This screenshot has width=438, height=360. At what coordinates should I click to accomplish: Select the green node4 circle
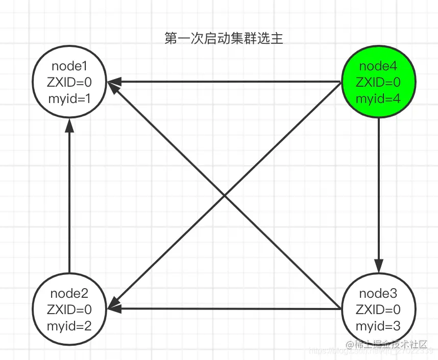click(x=378, y=82)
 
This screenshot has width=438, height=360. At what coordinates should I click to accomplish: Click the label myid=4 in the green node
click(x=378, y=98)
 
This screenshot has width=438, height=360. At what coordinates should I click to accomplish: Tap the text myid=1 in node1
click(x=69, y=98)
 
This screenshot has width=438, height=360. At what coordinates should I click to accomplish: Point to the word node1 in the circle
click(x=69, y=66)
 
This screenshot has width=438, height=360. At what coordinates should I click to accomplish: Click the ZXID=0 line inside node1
click(x=69, y=82)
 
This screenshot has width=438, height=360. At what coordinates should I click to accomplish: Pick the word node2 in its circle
click(x=69, y=293)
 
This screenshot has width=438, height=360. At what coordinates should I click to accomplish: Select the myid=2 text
click(x=69, y=325)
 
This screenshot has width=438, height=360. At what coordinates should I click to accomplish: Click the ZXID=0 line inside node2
click(x=69, y=310)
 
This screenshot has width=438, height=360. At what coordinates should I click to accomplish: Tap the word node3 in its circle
click(x=378, y=293)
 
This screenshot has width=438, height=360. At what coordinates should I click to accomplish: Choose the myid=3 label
click(x=378, y=325)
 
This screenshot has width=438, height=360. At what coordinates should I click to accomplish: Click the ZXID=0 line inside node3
click(x=378, y=310)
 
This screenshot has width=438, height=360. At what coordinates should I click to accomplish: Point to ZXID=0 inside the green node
click(x=378, y=82)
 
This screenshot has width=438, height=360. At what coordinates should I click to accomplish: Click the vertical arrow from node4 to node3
click(x=378, y=194)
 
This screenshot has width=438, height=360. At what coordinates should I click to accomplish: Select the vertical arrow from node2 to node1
click(x=69, y=199)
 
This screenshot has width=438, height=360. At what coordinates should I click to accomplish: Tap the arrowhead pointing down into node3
click(x=378, y=266)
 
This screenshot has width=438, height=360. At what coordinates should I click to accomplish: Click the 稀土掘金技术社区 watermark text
click(x=391, y=345)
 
